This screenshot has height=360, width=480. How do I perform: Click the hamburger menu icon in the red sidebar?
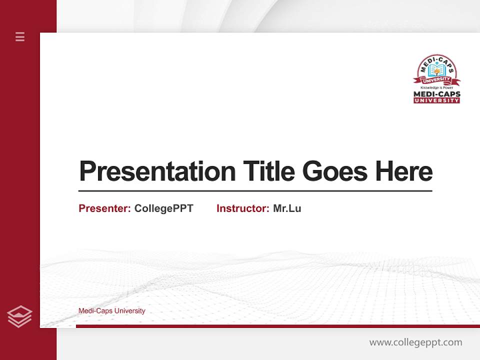point(20,36)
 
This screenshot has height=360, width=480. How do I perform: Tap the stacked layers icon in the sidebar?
point(19,316)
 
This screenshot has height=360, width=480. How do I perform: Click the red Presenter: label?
point(104,208)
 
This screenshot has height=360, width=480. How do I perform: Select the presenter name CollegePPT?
point(163,208)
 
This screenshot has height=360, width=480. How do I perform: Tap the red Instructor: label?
point(242,208)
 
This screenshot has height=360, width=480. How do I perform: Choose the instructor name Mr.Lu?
point(287,208)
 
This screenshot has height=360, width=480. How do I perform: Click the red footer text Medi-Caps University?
point(111,311)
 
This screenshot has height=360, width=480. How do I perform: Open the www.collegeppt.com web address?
point(415,342)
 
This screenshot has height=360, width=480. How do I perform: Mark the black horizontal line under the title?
point(255,190)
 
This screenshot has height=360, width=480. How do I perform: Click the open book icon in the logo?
point(436,70)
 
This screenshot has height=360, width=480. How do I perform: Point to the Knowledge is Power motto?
point(436,87)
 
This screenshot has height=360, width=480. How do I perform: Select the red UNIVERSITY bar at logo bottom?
point(436,100)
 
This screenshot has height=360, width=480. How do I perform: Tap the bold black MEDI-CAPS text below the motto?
point(436,94)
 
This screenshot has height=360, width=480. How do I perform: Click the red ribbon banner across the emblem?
point(436,80)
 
